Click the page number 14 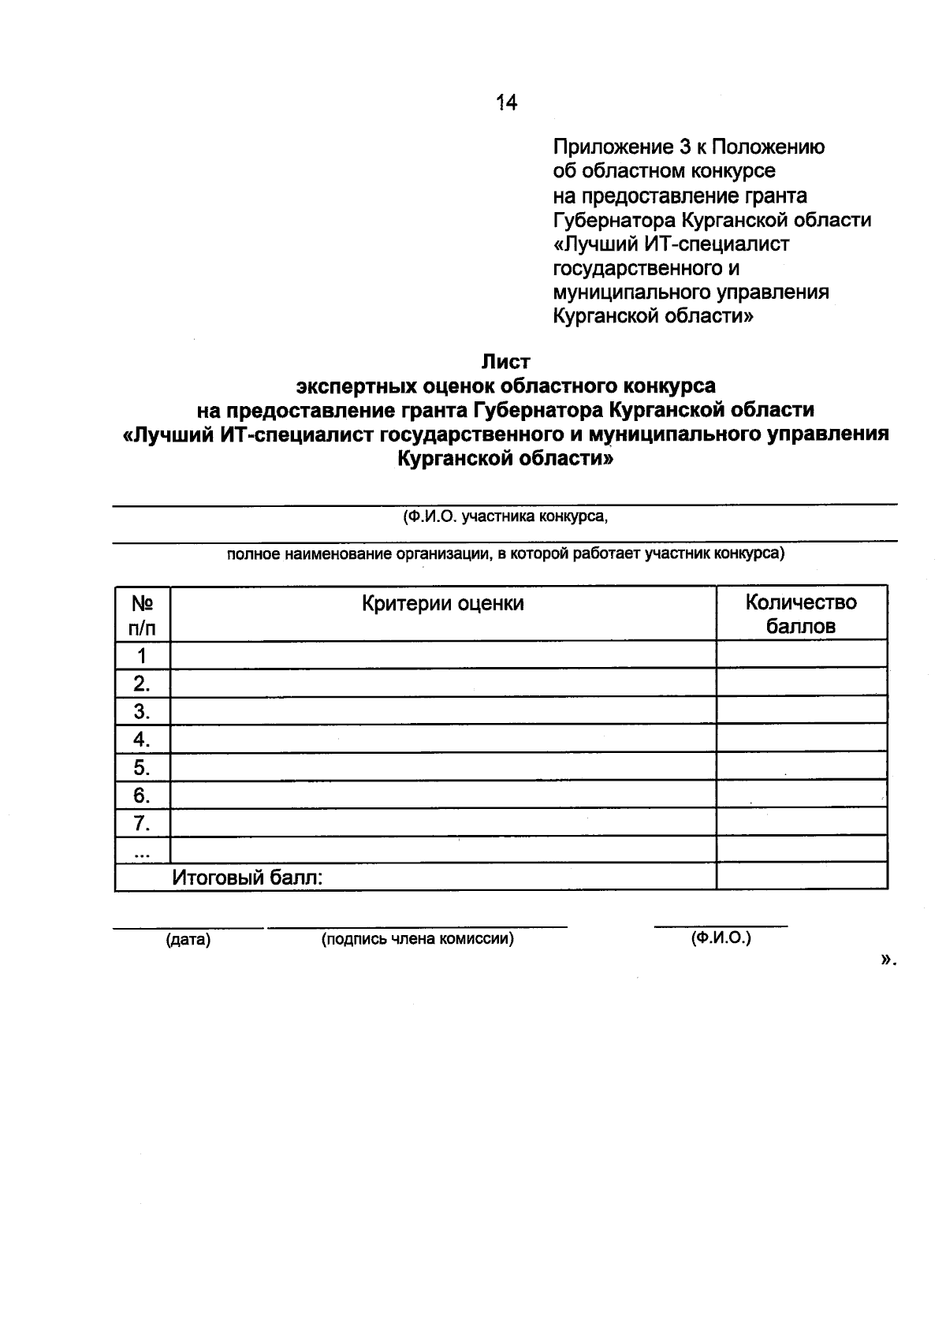click(506, 102)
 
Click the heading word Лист click(506, 362)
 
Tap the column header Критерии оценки click(443, 604)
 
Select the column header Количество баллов click(801, 614)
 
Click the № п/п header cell click(142, 615)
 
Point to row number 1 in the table click(142, 655)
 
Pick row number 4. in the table click(142, 740)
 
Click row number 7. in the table click(142, 824)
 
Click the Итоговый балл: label click(248, 878)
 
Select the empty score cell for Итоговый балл click(801, 877)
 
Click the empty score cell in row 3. click(801, 711)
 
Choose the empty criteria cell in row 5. click(443, 767)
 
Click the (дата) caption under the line click(188, 940)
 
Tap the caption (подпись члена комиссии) click(417, 939)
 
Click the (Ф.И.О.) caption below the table click(721, 938)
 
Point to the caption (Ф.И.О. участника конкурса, click(505, 518)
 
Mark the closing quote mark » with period click(888, 960)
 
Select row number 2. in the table click(142, 683)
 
